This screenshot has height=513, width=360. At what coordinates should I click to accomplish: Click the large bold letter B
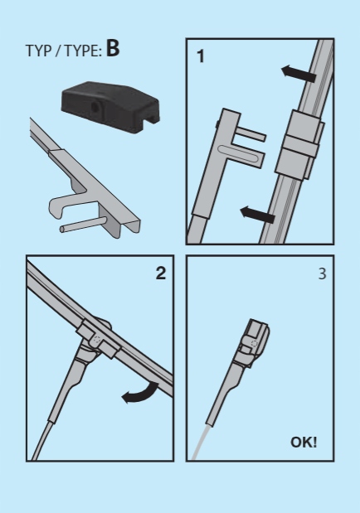click(x=113, y=49)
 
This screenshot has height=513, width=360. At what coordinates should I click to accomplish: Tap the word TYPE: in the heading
click(x=83, y=51)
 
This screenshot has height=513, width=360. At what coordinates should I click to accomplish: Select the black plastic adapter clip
click(x=110, y=107)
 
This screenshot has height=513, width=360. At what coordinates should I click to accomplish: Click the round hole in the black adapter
click(x=95, y=107)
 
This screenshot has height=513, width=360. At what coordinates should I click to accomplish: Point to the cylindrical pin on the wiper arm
click(x=83, y=225)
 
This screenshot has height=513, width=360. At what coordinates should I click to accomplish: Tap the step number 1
click(x=201, y=56)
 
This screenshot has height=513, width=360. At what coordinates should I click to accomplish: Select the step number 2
click(x=161, y=273)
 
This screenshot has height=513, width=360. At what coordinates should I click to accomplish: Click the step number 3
click(x=323, y=273)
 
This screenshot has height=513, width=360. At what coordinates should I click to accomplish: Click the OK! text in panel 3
click(x=304, y=443)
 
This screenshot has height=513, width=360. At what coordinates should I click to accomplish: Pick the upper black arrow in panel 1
click(x=299, y=74)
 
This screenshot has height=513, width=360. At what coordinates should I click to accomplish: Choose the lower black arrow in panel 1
click(x=257, y=215)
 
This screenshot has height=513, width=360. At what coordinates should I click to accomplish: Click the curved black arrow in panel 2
click(x=142, y=394)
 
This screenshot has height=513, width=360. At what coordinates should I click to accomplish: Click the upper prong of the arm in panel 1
click(x=251, y=133)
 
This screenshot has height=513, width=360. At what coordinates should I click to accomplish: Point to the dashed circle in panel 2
click(x=96, y=340)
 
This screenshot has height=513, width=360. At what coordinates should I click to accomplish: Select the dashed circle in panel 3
click(x=255, y=344)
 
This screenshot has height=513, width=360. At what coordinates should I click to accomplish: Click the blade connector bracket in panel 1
click(x=299, y=145)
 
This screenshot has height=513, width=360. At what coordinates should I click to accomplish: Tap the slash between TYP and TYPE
click(x=58, y=51)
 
